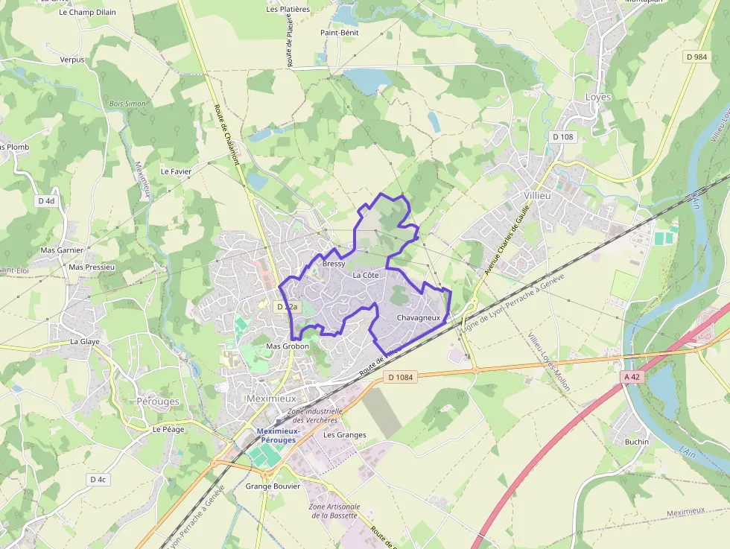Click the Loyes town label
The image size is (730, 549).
(598, 98)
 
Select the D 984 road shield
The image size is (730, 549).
(696, 57)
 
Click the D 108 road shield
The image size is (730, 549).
(564, 137)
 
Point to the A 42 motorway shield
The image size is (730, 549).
(632, 377)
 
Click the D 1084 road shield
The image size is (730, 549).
(401, 377)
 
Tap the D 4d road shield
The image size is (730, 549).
(46, 200)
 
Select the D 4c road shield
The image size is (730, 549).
(98, 480)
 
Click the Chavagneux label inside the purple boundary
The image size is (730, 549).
(419, 318)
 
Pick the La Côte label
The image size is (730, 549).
(366, 276)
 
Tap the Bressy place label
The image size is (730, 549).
(334, 264)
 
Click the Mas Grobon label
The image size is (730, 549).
(288, 346)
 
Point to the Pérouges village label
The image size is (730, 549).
(158, 402)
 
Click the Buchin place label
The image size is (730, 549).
(637, 442)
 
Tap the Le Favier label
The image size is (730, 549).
(176, 171)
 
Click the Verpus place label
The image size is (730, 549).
(72, 60)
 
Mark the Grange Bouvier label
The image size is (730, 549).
(273, 486)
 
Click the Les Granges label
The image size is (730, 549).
(345, 435)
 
